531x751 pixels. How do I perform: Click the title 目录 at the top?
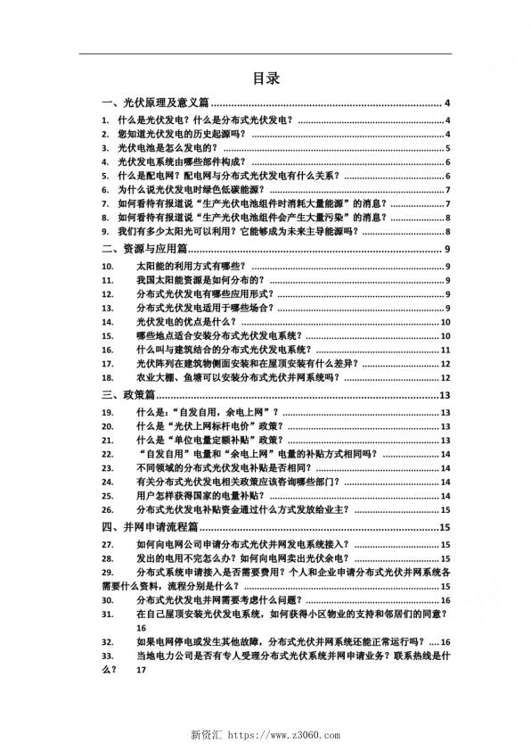(265, 78)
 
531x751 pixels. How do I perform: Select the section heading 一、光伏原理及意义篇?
(156, 103)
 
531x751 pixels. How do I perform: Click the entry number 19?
(108, 412)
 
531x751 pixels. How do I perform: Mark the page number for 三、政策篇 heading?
(445, 395)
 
